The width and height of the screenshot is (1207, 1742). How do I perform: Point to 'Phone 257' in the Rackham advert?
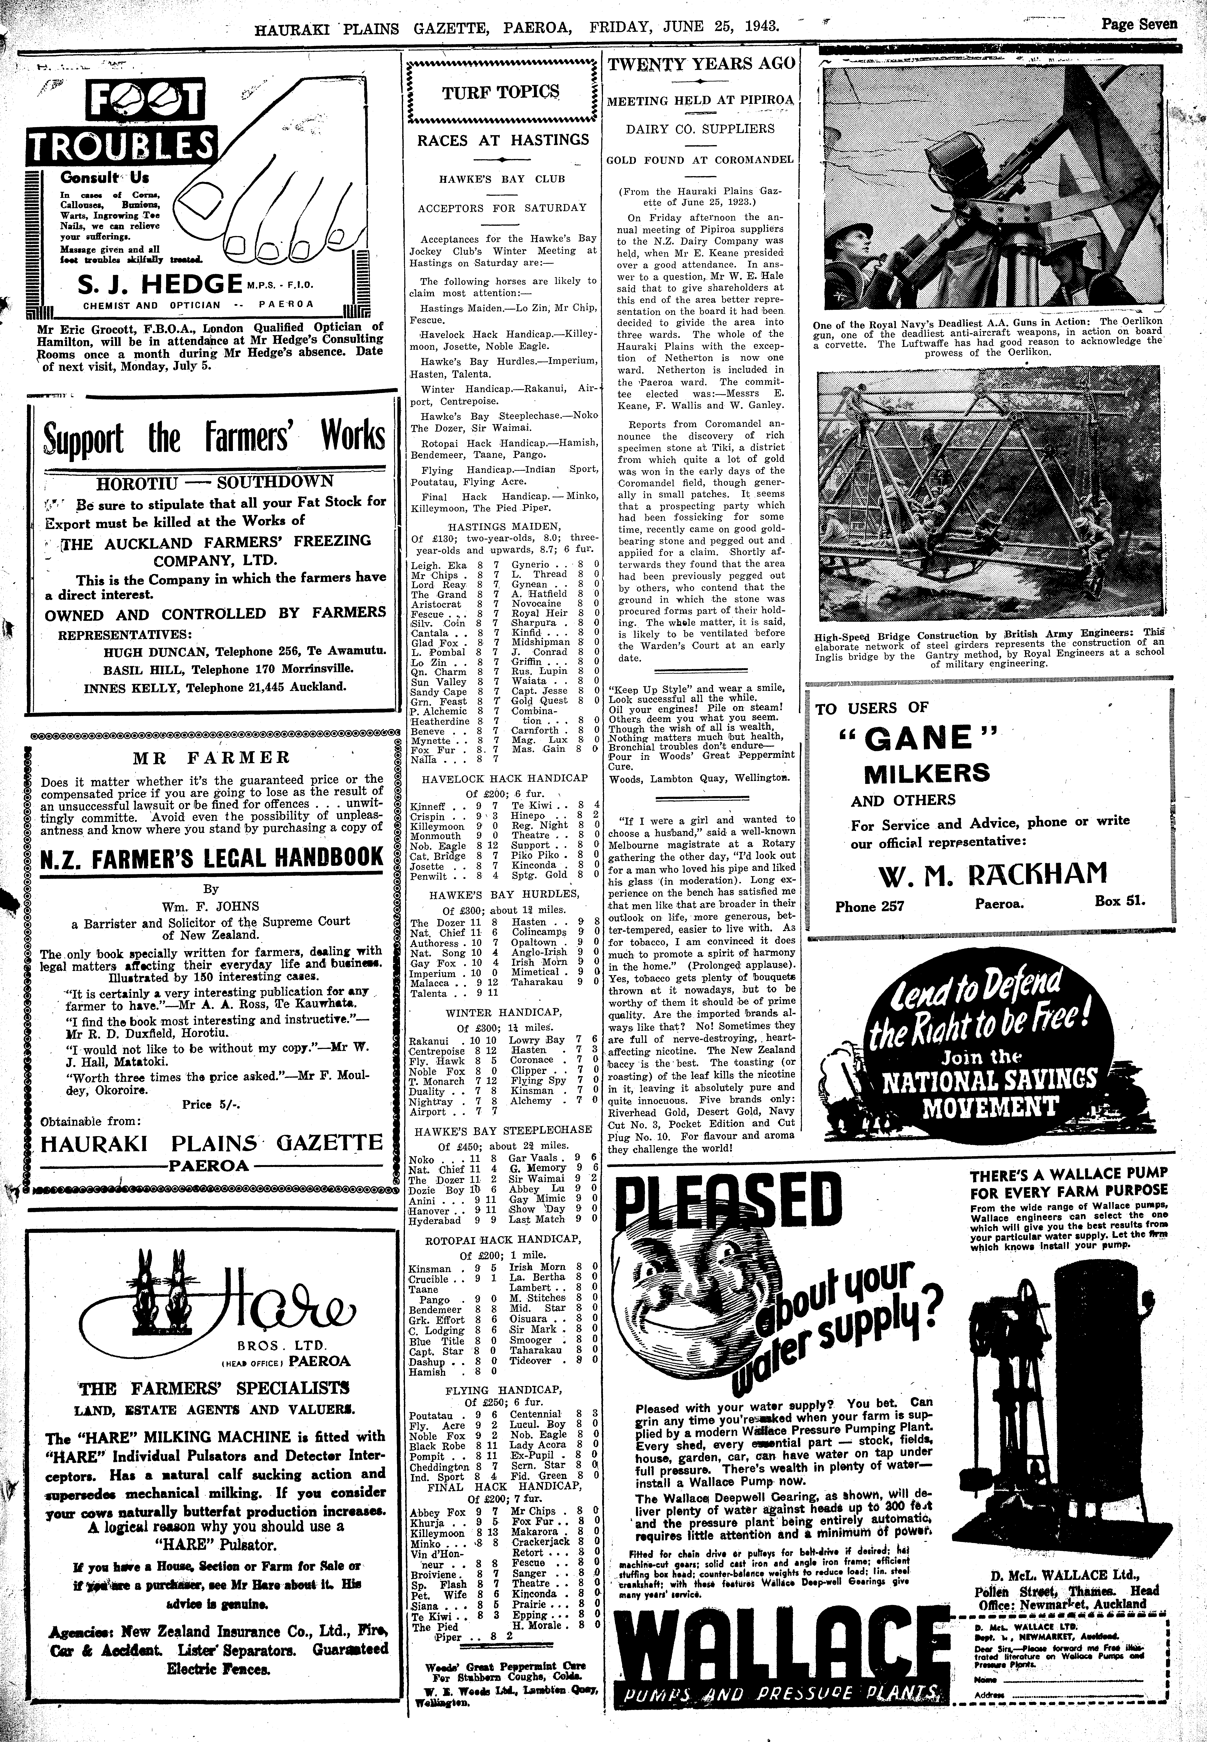click(870, 906)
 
